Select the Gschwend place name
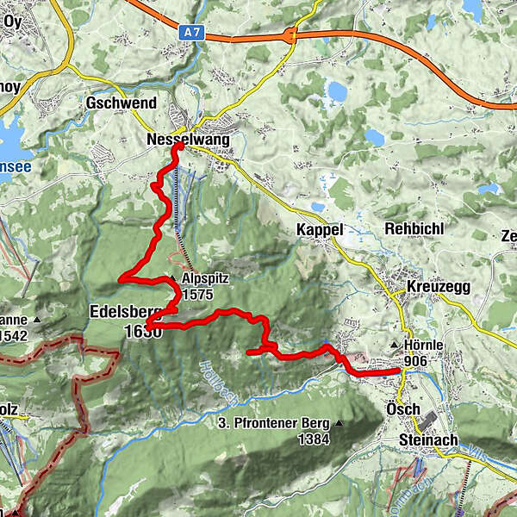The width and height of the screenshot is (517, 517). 121,103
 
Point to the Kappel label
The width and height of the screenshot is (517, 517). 319,230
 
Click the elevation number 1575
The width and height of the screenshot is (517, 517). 198,295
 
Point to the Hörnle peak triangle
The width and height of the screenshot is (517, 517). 396,346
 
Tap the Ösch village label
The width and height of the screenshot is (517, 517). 403,408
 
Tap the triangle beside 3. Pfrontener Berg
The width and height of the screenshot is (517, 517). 340,423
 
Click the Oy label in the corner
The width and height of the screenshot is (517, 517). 11,23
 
